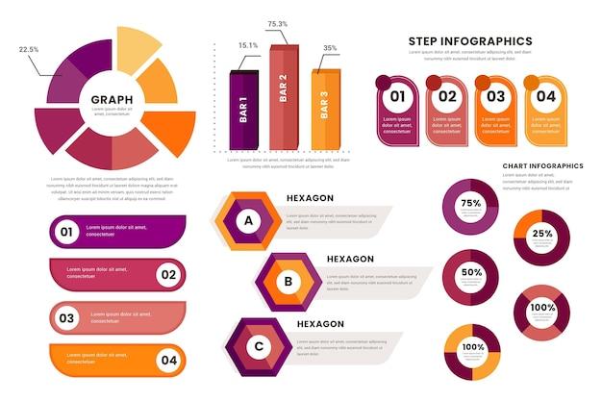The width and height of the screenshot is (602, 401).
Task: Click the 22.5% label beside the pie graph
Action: pos(29,49)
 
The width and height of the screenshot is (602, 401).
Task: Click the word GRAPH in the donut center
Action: pos(112,99)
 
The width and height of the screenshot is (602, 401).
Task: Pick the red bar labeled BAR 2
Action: pos(283,98)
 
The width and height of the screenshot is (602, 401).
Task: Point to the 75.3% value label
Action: pos(278,24)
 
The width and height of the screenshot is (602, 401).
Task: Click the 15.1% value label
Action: pos(248,45)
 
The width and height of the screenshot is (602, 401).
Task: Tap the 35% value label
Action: pos(330,48)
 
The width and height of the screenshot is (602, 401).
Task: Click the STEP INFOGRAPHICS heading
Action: pos(469,40)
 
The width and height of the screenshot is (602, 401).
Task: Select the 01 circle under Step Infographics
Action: pos(396,96)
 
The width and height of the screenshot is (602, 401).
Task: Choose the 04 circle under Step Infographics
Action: pos(545,96)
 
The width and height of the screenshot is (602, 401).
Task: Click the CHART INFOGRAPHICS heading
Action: pos(542,165)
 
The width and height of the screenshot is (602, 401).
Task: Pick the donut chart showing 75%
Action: pos(470,205)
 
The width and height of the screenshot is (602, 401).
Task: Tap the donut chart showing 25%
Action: pos(541,236)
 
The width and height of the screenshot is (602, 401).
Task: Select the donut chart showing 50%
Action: pos(470,273)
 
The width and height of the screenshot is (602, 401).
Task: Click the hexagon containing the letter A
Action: pos(249,221)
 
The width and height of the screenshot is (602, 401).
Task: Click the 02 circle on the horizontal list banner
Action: pos(167,274)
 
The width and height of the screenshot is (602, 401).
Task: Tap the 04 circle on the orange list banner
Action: pos(167,361)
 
